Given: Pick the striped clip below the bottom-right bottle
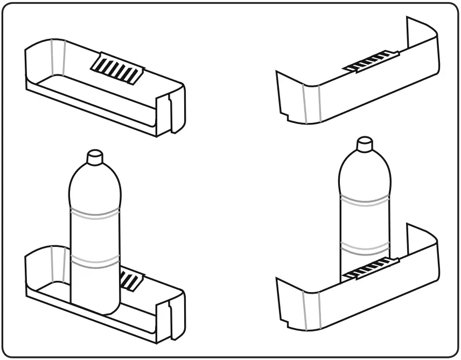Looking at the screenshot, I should (371, 269).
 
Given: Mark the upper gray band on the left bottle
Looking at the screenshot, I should (95, 212).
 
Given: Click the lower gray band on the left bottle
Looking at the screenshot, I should (95, 261).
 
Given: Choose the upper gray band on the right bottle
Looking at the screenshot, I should (365, 203).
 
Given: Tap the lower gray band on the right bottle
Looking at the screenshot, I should (365, 247).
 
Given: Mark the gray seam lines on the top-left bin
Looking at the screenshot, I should (57, 57).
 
